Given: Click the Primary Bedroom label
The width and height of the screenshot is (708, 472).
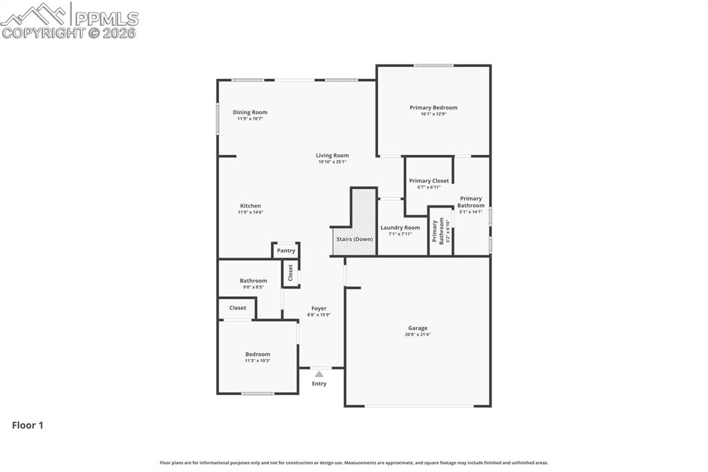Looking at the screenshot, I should (433, 107).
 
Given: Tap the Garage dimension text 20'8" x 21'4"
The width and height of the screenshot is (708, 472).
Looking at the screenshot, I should (418, 335).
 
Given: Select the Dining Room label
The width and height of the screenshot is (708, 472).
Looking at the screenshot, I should (250, 112).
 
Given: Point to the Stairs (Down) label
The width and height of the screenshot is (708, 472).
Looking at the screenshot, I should (354, 239).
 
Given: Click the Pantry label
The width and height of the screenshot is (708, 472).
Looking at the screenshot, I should (286, 251).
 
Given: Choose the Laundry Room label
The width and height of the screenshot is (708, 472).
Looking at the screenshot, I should (400, 228).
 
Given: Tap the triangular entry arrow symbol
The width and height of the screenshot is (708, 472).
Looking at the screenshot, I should (319, 374).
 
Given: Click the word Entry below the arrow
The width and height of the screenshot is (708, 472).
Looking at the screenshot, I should (319, 383).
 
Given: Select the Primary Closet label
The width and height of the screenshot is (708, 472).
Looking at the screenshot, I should (429, 181).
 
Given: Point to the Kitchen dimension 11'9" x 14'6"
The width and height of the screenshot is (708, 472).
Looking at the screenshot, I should (250, 212).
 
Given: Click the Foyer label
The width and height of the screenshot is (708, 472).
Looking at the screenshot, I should (319, 309).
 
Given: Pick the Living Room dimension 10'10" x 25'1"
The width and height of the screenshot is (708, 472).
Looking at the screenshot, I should (333, 162).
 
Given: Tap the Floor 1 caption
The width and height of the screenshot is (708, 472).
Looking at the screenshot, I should (28, 426).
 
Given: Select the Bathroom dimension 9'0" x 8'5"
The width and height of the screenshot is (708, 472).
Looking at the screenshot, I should (253, 287).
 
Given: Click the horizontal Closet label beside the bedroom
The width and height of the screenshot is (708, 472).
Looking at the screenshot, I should (237, 308).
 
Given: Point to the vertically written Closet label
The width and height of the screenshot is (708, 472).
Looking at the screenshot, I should (290, 272).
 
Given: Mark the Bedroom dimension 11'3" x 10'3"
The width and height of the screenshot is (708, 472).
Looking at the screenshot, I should (257, 361).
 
